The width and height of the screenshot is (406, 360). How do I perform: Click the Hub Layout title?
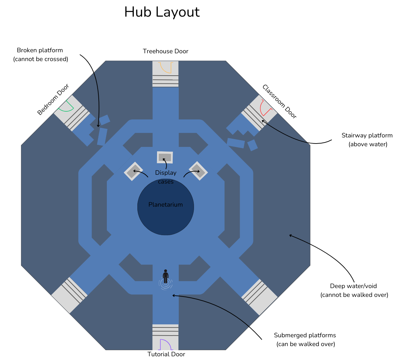[162, 12]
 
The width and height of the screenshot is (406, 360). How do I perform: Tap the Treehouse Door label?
[166, 51]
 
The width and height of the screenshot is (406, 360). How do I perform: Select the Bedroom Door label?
[53, 99]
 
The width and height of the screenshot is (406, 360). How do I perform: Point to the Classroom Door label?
[279, 101]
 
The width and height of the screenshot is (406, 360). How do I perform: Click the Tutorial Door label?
[166, 354]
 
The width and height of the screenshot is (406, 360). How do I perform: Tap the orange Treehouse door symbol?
[166, 68]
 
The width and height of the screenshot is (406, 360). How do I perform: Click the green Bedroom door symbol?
[66, 106]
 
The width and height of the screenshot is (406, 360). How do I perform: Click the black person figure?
[166, 277]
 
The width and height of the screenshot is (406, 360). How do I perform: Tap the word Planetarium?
[166, 205]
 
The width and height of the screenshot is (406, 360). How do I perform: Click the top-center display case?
[165, 157]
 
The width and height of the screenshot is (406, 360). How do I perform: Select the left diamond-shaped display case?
[133, 171]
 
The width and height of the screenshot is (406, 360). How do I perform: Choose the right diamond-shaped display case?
[198, 171]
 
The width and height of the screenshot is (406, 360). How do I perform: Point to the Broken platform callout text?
[40, 55]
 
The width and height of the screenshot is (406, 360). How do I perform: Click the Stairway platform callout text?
[367, 140]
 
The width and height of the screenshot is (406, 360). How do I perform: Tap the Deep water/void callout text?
[354, 290]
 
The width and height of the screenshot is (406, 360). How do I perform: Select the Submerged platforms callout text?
[305, 340]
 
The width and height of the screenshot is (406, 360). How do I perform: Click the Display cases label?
[166, 177]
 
